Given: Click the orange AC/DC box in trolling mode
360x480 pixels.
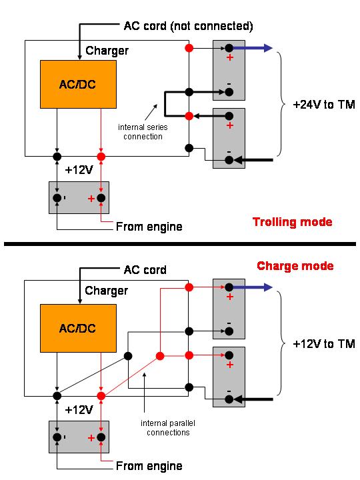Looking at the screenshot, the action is (x=79, y=84).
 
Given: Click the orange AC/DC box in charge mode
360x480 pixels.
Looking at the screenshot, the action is (x=79, y=328).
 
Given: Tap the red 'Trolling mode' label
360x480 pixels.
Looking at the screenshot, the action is (x=293, y=222).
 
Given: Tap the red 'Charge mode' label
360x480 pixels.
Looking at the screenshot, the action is (x=295, y=266).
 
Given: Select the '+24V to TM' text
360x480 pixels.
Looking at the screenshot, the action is (x=324, y=105).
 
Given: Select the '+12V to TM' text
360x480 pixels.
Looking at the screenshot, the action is (x=324, y=344).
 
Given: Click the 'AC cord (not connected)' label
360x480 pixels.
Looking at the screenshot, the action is (x=188, y=26).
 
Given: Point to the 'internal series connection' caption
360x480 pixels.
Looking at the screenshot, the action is (x=143, y=131).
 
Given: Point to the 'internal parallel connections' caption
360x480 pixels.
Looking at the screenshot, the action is (x=168, y=427).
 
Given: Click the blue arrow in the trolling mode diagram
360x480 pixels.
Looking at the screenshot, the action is (x=253, y=48).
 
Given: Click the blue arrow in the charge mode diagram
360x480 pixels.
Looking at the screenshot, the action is (x=253, y=287).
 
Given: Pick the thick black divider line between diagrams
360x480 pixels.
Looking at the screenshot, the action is (x=180, y=244).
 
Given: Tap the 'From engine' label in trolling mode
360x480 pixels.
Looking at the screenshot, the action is (x=149, y=227).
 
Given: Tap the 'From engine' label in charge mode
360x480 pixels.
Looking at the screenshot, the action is (x=149, y=466).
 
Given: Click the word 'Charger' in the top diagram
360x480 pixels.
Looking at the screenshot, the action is (x=107, y=51).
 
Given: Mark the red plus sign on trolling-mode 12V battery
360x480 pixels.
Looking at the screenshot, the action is (x=91, y=199).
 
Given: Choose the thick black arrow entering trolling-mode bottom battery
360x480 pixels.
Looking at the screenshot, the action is (x=253, y=160).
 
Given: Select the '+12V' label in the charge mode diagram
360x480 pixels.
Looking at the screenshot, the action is (x=79, y=409).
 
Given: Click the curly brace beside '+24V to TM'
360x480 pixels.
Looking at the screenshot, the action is (x=282, y=104).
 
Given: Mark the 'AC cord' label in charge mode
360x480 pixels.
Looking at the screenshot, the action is (x=145, y=270).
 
